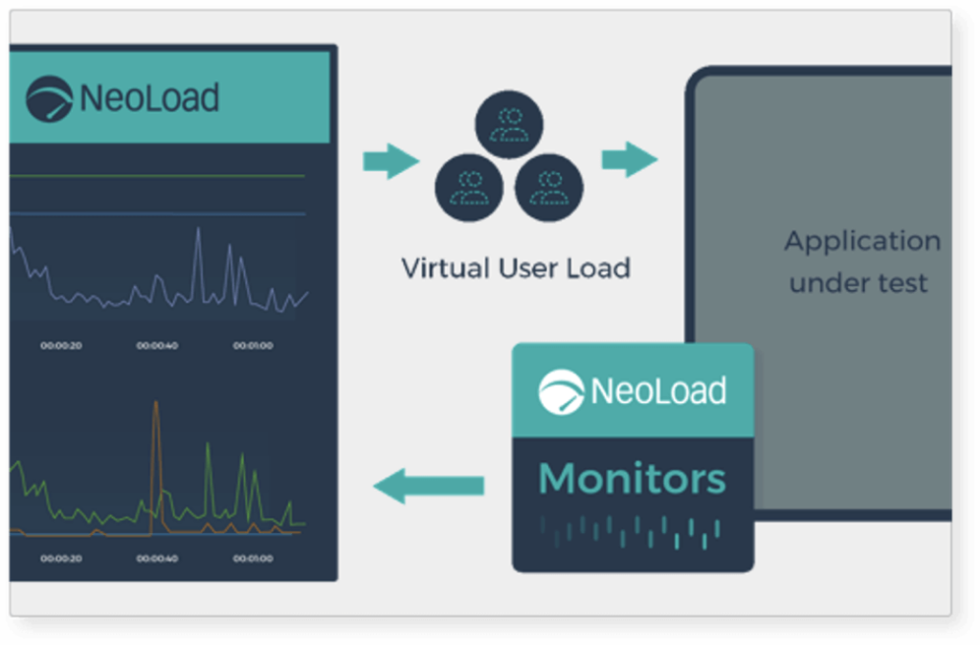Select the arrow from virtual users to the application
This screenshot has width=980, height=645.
click(x=629, y=159)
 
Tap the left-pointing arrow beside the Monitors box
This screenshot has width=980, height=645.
click(x=428, y=485)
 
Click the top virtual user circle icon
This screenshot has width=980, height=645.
click(x=509, y=127)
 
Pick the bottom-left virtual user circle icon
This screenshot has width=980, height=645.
click(x=469, y=186)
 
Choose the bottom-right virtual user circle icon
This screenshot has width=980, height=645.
click(x=548, y=186)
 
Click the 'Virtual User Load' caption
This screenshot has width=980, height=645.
click(x=515, y=267)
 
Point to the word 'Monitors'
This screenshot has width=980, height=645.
click(x=633, y=478)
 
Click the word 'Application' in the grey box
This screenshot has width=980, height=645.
click(x=862, y=241)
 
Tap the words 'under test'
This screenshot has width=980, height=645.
click(x=858, y=283)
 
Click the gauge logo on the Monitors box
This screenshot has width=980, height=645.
click(x=562, y=391)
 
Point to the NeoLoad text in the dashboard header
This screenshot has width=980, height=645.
click(x=149, y=98)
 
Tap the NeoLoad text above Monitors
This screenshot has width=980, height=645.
click(x=658, y=390)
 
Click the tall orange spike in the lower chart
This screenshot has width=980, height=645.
click(x=156, y=450)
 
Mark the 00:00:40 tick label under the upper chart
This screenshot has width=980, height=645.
click(x=156, y=345)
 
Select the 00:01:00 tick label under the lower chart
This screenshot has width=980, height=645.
click(x=253, y=558)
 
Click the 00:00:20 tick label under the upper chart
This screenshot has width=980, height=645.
click(x=60, y=345)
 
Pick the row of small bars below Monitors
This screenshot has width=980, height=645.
click(x=630, y=531)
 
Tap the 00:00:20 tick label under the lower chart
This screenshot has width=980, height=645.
click(x=60, y=558)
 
